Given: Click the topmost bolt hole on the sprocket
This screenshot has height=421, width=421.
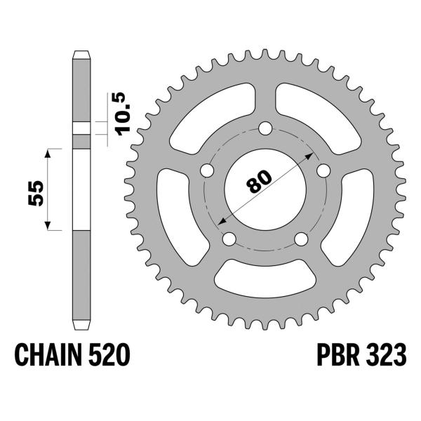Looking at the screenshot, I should click(265, 128).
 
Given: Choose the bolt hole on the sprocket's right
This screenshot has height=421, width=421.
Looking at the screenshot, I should click(323, 171).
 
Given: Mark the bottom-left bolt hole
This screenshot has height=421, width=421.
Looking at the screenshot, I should click(228, 239).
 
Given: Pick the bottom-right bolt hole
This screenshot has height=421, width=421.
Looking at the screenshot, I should click(301, 239).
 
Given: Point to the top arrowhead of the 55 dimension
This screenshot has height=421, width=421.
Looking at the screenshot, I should click(48, 152).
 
